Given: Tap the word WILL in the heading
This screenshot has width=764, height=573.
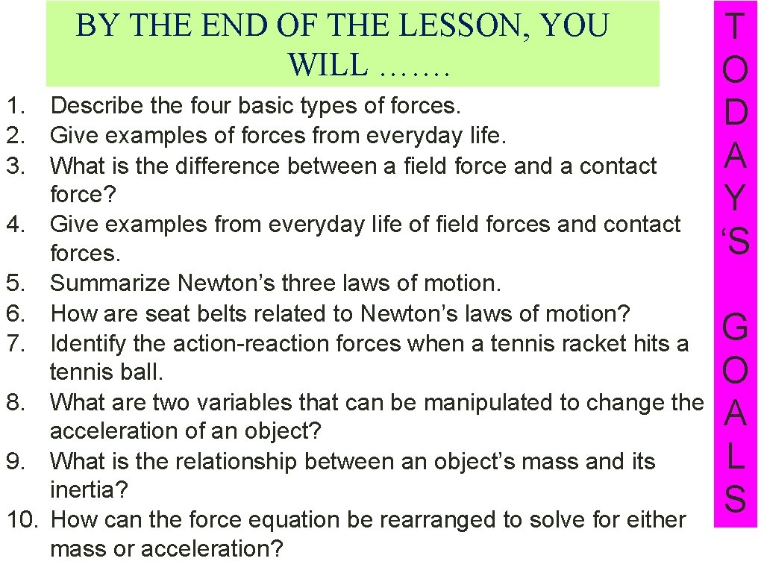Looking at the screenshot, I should (328, 66).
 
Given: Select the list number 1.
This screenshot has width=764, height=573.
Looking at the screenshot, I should (17, 105).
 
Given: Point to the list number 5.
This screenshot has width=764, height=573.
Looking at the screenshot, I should (17, 284).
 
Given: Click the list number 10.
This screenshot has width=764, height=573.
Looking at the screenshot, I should (22, 519).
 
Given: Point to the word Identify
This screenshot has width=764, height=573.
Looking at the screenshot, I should (93, 343).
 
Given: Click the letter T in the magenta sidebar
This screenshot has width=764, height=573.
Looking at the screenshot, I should (735, 28).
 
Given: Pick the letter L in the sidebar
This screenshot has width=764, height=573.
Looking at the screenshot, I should (735, 457).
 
